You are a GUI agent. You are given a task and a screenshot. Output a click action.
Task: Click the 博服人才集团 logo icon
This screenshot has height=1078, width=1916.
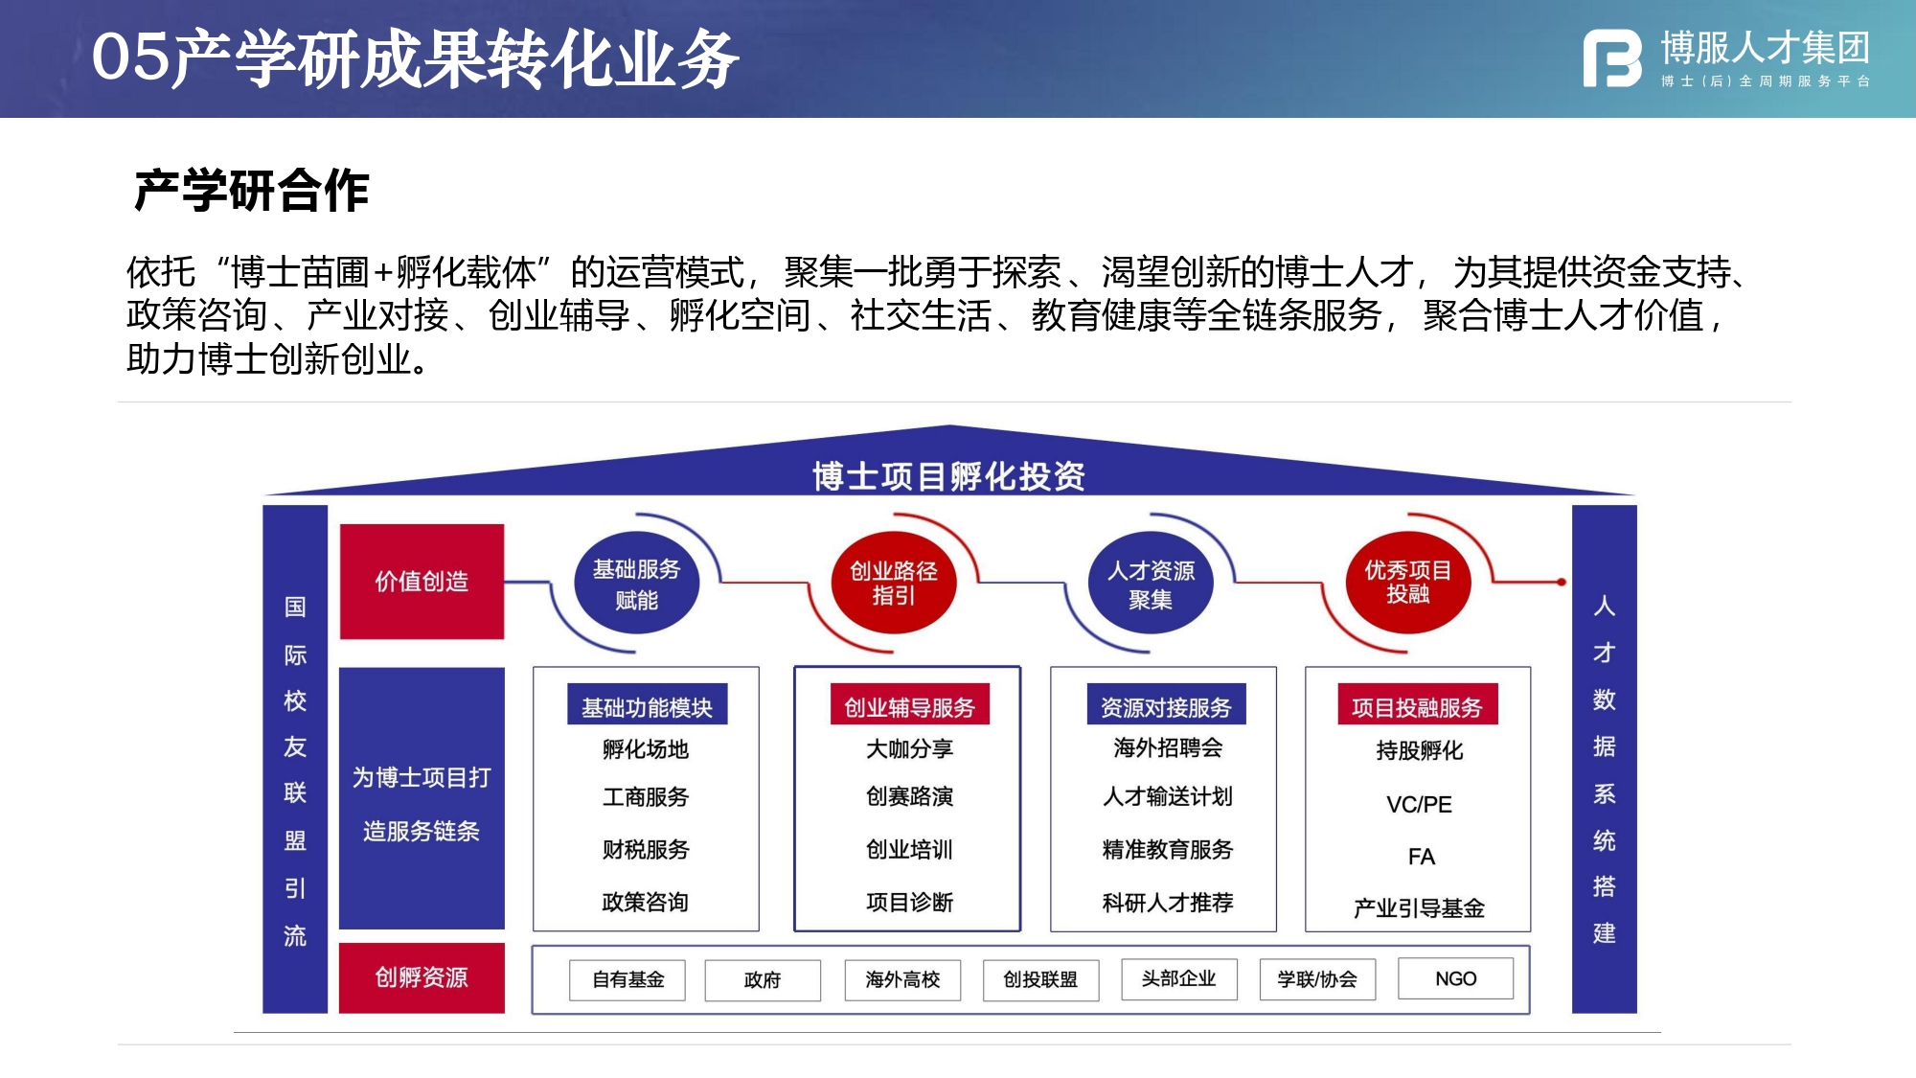pos(1612,58)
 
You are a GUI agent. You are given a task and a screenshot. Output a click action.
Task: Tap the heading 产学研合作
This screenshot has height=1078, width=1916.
pos(251,190)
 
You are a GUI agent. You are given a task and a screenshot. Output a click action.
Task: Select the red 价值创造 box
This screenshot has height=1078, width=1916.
pos(422,581)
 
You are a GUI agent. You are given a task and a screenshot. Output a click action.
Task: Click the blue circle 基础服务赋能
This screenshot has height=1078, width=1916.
pos(636,584)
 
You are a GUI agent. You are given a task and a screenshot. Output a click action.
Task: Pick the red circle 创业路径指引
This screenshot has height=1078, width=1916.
pos(894,583)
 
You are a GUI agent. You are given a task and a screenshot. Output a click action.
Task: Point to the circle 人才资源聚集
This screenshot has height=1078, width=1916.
pos(1151,584)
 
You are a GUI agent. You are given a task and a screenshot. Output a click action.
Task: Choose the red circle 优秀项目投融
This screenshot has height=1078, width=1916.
pos(1407,583)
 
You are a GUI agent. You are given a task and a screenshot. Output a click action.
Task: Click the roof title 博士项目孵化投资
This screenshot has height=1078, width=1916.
pos(948,475)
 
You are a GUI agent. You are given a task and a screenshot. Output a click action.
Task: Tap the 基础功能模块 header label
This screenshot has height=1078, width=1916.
pos(647,706)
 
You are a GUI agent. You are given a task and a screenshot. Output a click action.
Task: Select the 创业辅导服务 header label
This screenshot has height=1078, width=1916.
pos(909,706)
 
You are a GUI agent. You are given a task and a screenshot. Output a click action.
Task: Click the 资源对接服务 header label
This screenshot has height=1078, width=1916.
pos(1166,706)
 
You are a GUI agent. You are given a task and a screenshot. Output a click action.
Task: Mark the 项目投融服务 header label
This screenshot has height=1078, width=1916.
pos(1417,706)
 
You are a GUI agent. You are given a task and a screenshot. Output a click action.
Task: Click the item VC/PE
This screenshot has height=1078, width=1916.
pos(1419,804)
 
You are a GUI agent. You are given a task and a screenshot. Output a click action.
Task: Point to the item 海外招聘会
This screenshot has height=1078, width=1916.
pos(1167,748)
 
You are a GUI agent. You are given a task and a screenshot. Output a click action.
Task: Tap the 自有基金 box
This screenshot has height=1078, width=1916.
pos(627,979)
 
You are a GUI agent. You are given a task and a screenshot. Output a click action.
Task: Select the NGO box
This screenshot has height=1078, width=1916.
pos(1455,978)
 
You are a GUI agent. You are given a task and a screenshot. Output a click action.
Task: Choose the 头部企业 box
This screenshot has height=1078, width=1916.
pos(1178,978)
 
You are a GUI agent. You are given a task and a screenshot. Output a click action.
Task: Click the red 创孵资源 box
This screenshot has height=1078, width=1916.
pos(422,977)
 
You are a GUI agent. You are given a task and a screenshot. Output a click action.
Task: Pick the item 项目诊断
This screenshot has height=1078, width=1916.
pos(909,902)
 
